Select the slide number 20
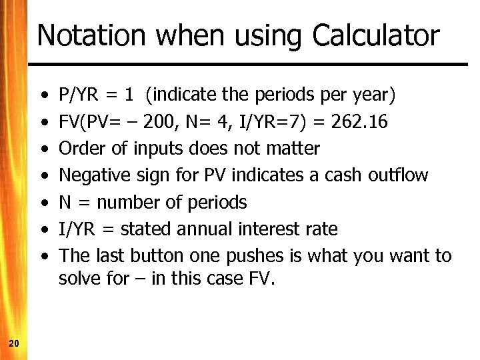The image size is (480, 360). (x=13, y=343)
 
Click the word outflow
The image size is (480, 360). (x=400, y=175)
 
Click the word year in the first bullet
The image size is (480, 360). (x=375, y=95)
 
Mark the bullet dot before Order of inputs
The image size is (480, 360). (x=43, y=149)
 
